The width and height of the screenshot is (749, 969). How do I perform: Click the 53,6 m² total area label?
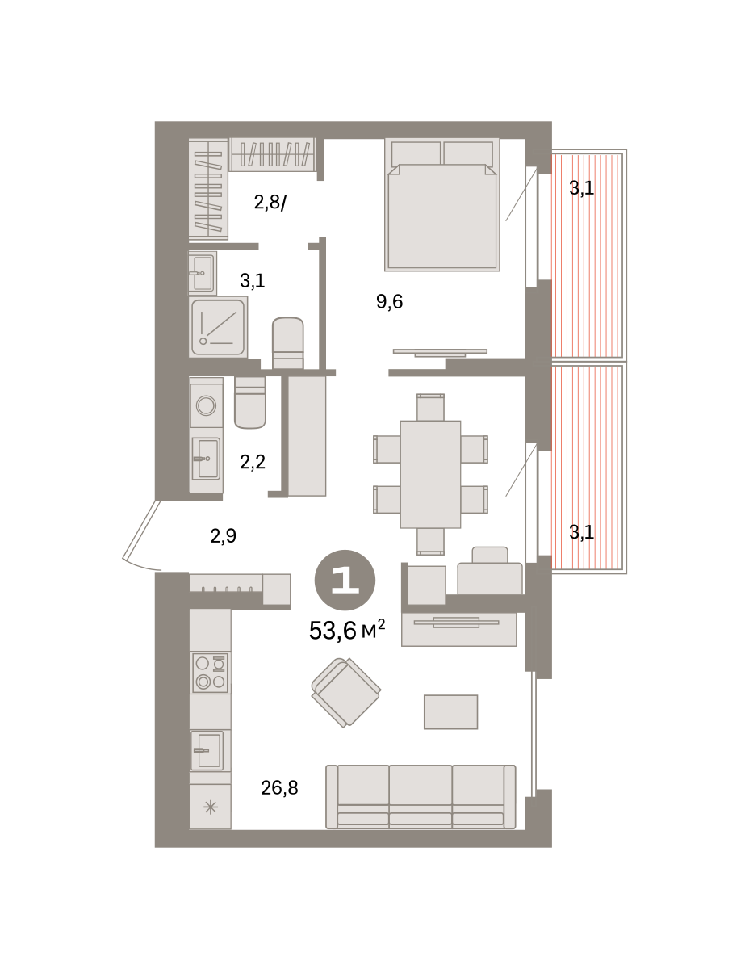(x=346, y=629)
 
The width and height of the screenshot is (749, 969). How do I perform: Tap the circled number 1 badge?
(x=345, y=580)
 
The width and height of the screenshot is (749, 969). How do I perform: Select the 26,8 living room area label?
(x=279, y=788)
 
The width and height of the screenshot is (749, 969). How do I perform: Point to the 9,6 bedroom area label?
(x=389, y=301)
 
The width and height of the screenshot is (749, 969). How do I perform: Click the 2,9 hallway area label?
(x=224, y=535)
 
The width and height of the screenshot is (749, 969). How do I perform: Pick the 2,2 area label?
(x=253, y=462)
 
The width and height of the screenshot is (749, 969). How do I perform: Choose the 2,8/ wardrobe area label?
(x=270, y=203)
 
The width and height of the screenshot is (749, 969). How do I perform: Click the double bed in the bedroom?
(x=442, y=204)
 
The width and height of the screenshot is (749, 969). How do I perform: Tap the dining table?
(x=430, y=474)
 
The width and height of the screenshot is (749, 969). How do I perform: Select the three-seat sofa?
(x=421, y=797)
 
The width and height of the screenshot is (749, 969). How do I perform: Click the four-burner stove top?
(x=210, y=673)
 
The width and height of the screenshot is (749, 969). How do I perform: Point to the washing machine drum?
(x=207, y=406)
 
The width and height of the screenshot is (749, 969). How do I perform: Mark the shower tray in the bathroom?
(x=219, y=328)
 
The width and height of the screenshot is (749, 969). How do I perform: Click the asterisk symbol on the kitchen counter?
(x=211, y=807)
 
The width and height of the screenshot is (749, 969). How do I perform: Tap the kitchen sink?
(x=207, y=750)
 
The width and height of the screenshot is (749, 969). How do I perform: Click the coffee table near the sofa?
(x=450, y=712)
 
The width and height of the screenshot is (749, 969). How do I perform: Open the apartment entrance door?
(x=140, y=532)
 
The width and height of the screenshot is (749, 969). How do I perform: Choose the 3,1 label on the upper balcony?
(x=581, y=188)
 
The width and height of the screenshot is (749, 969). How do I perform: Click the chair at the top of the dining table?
(x=430, y=407)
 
